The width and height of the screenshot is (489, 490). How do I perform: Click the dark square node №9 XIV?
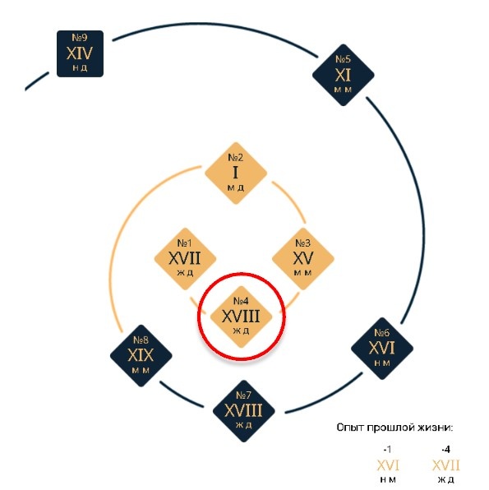point(80,53)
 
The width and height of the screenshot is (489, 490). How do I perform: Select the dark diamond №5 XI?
point(344,75)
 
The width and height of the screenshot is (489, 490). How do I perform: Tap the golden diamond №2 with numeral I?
point(236,173)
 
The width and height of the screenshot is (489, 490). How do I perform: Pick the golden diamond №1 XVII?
point(185,259)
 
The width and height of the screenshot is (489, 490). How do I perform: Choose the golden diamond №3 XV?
point(303,259)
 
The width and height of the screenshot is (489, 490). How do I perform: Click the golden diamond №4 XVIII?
point(242,317)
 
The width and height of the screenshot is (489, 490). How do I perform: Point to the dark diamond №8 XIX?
point(141,356)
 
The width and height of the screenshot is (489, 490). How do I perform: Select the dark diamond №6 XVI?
point(382,349)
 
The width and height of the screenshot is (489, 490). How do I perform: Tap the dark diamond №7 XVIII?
point(244,411)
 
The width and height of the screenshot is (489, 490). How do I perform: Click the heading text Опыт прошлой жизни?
point(394,428)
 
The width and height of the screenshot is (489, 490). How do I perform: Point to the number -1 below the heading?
point(387,450)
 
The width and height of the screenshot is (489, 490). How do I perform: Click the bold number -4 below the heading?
point(446,450)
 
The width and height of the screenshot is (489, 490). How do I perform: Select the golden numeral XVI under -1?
point(388,465)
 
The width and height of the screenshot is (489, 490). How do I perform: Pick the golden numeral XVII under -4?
point(446,465)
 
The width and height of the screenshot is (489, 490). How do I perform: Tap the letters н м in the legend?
point(388,479)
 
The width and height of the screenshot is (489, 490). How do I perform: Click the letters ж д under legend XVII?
point(446,479)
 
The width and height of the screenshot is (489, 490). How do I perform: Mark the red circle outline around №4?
point(198,316)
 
